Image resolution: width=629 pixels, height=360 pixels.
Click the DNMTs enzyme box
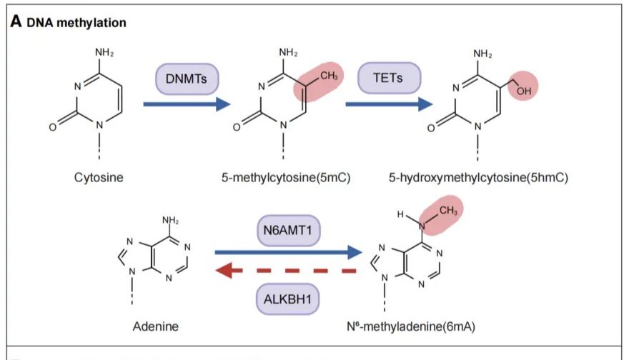[187, 79]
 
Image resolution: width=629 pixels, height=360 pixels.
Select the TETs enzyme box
[389, 78]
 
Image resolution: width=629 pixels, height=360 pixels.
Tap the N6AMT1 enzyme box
[288, 231]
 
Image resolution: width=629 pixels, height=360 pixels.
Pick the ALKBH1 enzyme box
[287, 299]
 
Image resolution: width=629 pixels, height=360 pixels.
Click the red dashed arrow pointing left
[286, 271]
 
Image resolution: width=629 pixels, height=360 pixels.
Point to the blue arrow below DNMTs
[187, 104]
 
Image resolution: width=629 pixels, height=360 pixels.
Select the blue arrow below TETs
[389, 104]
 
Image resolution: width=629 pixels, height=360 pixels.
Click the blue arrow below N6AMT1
[289, 252]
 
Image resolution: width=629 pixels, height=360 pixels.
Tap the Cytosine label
[99, 177]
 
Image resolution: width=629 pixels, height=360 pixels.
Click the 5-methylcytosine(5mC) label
[286, 177]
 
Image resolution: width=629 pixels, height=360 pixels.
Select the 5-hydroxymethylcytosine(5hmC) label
[478, 177]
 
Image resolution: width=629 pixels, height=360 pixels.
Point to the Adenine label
[156, 326]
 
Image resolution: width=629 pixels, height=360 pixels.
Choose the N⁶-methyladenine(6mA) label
[411, 326]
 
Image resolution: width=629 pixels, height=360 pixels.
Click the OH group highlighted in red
[524, 91]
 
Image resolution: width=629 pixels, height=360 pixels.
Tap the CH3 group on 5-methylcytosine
[329, 76]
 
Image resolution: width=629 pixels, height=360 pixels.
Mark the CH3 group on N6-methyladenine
[448, 211]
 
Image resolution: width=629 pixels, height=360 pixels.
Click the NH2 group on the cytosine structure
[104, 53]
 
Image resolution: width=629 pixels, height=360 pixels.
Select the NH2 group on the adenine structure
[171, 220]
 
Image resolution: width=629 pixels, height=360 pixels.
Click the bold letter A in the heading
[16, 21]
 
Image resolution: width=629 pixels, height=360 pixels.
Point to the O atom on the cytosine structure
[53, 127]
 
